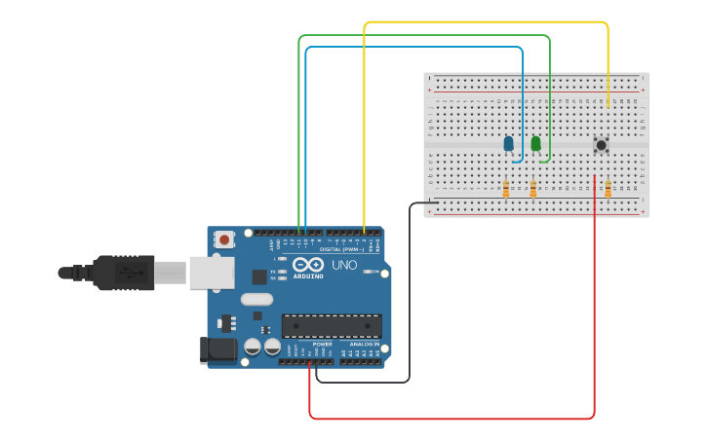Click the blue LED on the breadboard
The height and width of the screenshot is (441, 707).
(508, 144)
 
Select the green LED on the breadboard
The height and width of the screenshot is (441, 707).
(535, 144)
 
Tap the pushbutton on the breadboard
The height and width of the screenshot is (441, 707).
(601, 145)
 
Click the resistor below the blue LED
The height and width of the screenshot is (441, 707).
(505, 189)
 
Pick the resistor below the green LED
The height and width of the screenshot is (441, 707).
(532, 189)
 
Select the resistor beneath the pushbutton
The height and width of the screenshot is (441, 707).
(608, 188)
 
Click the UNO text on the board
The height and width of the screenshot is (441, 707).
(344, 265)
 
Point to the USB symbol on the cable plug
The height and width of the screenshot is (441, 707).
(126, 273)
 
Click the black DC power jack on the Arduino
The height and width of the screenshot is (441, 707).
(217, 350)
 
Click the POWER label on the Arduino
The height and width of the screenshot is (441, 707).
(322, 344)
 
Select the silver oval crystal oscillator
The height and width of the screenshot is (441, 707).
(256, 300)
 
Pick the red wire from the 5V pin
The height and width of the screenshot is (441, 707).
(449, 419)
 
